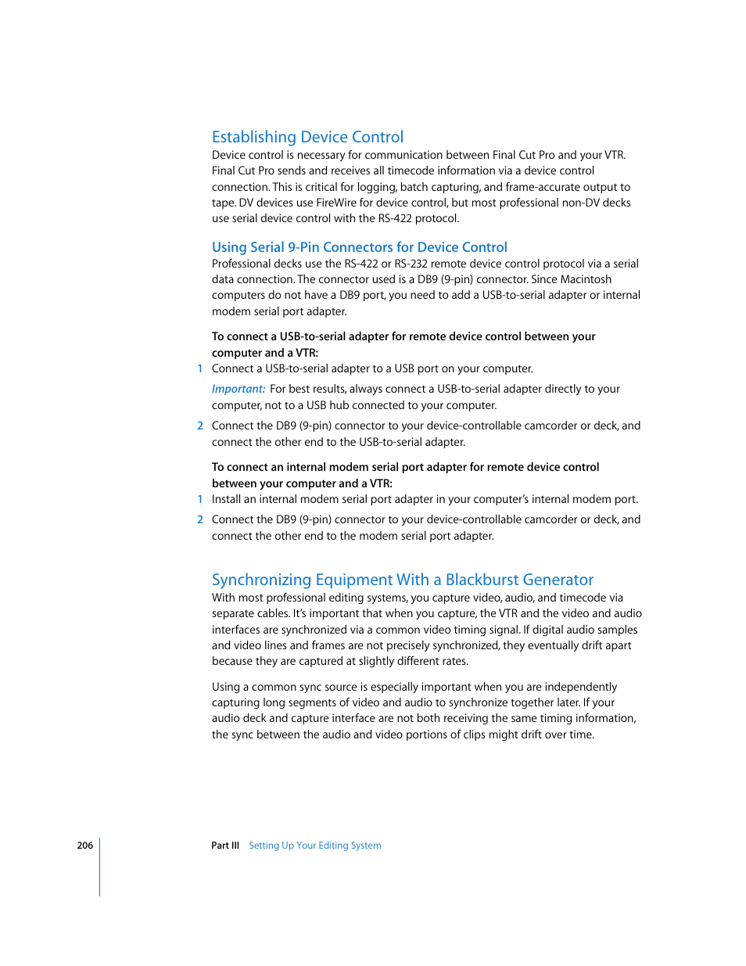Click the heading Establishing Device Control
pos(307,137)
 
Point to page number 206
pos(84,846)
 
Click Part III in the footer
pos(225,846)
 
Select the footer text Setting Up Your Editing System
pos(315,846)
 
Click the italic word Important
pos(238,389)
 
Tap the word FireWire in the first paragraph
pos(336,203)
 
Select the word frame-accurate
pos(543,187)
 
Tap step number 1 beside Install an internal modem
pos(200,499)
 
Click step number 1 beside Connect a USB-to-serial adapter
pos(200,368)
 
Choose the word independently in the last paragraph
pos(580,687)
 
